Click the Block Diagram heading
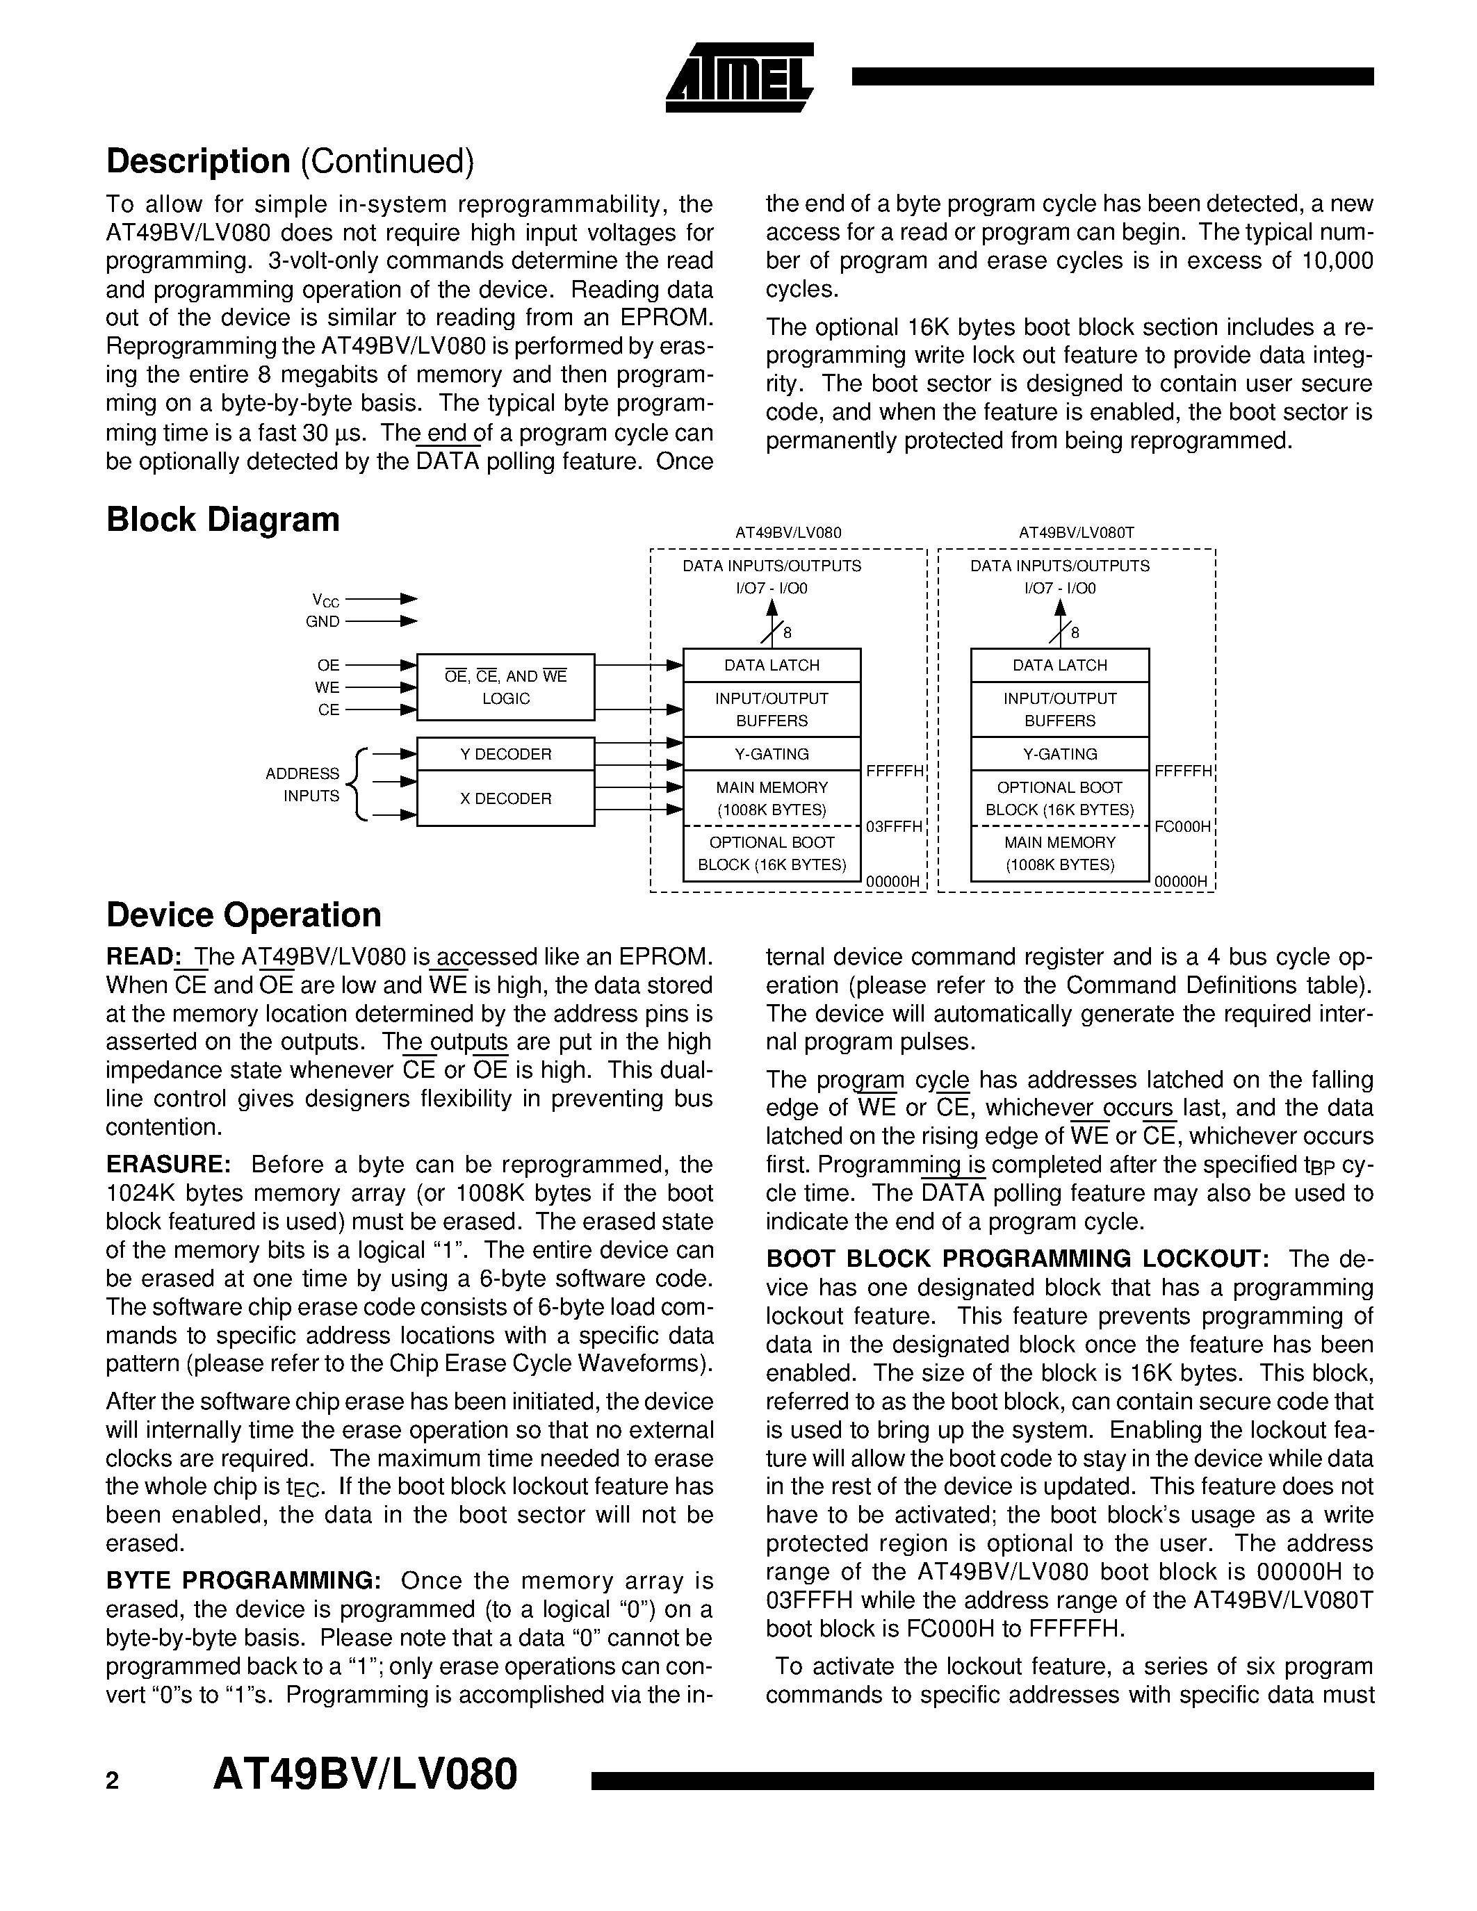point(222,520)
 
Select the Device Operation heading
point(243,915)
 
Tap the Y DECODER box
point(506,754)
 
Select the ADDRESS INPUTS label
point(303,785)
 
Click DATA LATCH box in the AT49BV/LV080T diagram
point(1060,666)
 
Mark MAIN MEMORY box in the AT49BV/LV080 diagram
point(772,798)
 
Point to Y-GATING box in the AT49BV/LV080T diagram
point(1060,754)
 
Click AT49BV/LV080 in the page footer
point(366,1775)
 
